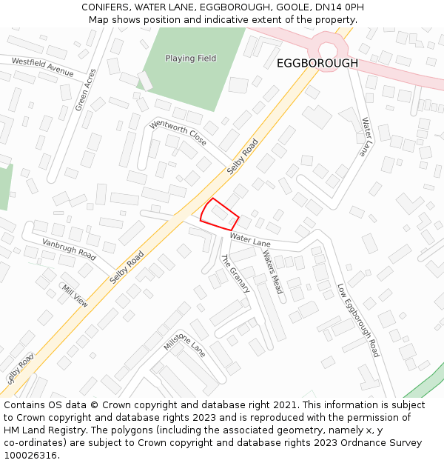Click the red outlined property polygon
pyautogui.click(x=219, y=215)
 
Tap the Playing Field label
pyautogui.click(x=191, y=58)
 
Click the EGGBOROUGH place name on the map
pyautogui.click(x=317, y=64)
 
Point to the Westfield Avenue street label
pyautogui.click(x=42, y=67)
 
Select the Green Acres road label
pyautogui.click(x=86, y=90)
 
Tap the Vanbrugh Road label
pyautogui.click(x=69, y=250)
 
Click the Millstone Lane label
pyautogui.click(x=184, y=342)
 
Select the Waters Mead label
pyautogui.click(x=272, y=271)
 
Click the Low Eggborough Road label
pyautogui.click(x=358, y=320)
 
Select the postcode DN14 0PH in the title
pyautogui.click(x=337, y=7)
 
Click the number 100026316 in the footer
pyautogui.click(x=30, y=456)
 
